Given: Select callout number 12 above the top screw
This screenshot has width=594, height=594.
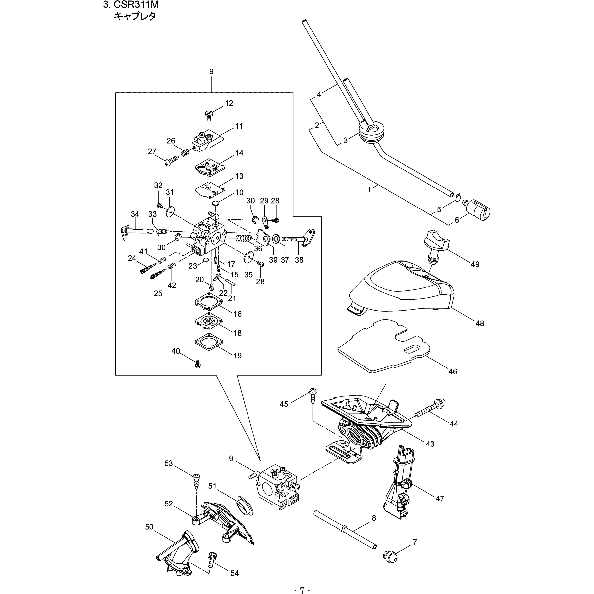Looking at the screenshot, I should [x=229, y=103].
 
